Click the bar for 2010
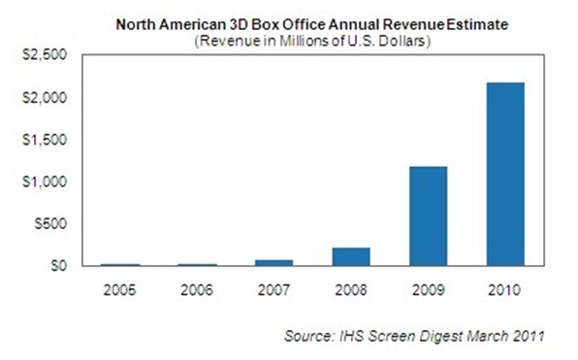tap(505, 174)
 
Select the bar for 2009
tap(428, 215)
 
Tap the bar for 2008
tap(350, 256)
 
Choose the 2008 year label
tap(350, 288)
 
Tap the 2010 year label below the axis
tap(505, 288)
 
